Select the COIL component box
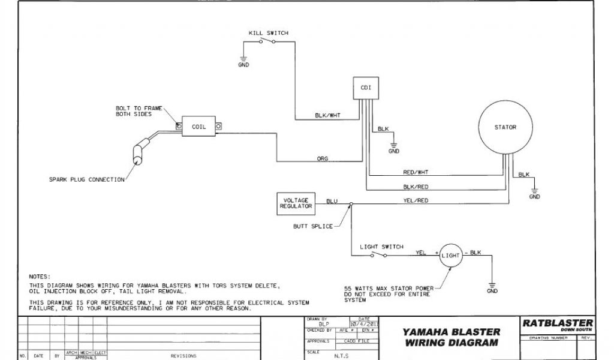pyautogui.click(x=198, y=127)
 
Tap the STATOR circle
pyautogui.click(x=505, y=127)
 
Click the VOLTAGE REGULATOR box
pyautogui.click(x=296, y=204)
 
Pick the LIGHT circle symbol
pyautogui.click(x=450, y=255)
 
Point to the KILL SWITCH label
pyautogui.click(x=268, y=32)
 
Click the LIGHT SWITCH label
pyautogui.click(x=381, y=247)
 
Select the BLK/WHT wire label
pyautogui.click(x=327, y=115)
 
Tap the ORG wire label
pyautogui.click(x=322, y=159)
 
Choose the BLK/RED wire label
pyautogui.click(x=416, y=187)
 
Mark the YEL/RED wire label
pyautogui.click(x=416, y=200)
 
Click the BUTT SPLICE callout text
pyautogui.click(x=313, y=226)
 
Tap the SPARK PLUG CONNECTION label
pyautogui.click(x=88, y=179)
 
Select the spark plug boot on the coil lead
pyautogui.click(x=140, y=152)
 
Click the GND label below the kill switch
pyautogui.click(x=243, y=65)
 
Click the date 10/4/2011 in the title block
pyautogui.click(x=364, y=324)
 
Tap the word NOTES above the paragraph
pyautogui.click(x=40, y=276)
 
